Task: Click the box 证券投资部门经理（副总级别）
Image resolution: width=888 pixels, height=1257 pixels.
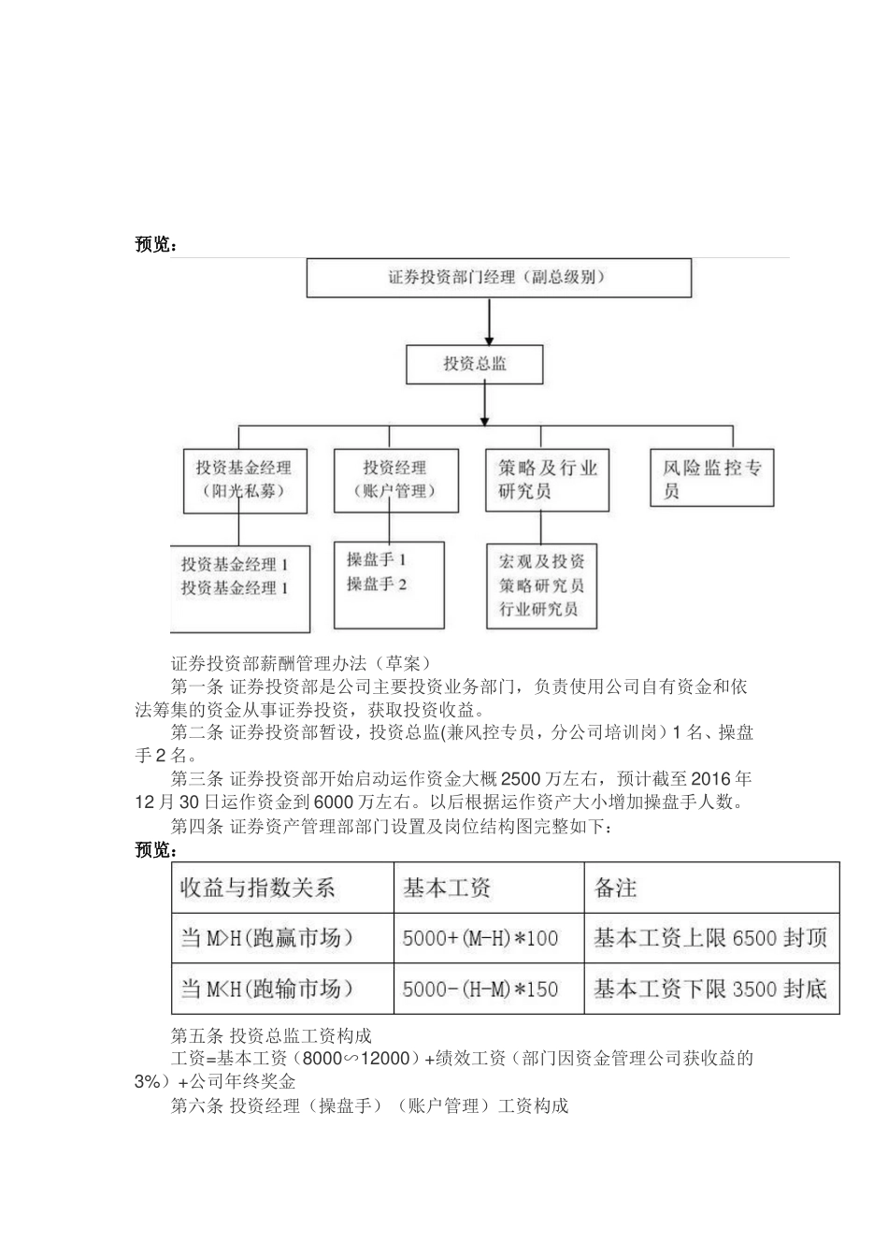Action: (499, 278)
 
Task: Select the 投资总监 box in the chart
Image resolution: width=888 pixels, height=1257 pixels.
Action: (474, 364)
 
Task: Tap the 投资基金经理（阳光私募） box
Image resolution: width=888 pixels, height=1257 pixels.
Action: (243, 480)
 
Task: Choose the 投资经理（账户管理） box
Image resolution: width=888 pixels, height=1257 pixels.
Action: (395, 480)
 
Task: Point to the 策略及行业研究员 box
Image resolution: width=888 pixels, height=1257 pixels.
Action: (547, 480)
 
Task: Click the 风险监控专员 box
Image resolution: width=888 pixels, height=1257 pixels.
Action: (711, 480)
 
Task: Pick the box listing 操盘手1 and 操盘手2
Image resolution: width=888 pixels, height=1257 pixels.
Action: (389, 585)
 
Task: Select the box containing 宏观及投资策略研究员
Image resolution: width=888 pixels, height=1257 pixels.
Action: (541, 586)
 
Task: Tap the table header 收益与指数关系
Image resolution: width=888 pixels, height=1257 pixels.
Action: (258, 888)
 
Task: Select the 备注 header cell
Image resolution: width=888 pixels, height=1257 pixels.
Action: (615, 888)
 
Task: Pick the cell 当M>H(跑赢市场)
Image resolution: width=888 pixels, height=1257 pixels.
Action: (267, 938)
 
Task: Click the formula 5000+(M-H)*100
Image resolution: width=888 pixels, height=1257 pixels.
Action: (480, 938)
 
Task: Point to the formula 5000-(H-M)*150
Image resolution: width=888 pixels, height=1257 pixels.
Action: (480, 989)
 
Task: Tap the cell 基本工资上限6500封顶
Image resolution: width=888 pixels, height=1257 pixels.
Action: (710, 938)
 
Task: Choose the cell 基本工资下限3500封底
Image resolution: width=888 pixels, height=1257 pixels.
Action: (710, 989)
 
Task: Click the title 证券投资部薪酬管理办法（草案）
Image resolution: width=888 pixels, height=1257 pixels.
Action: (300, 663)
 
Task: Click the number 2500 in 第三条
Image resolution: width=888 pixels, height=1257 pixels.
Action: (522, 779)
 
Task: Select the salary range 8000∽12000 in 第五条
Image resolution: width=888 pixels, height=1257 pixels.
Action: (358, 1059)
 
